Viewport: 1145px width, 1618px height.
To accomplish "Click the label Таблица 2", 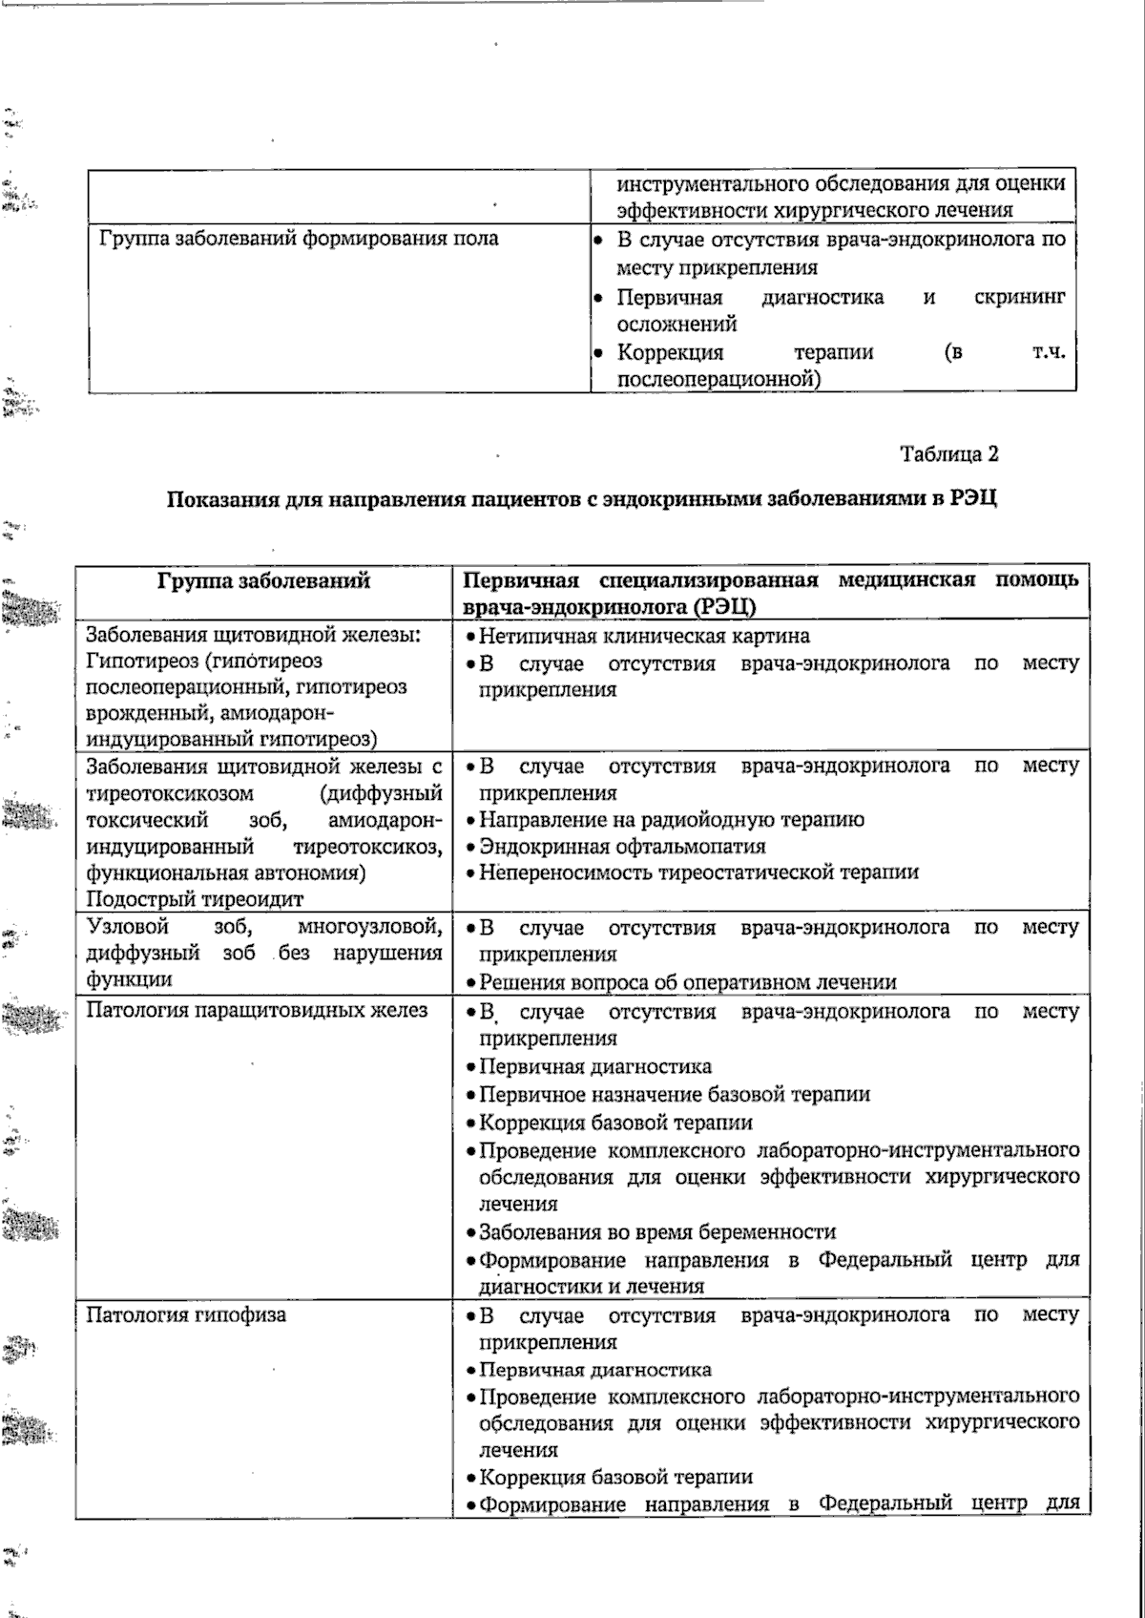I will click(948, 454).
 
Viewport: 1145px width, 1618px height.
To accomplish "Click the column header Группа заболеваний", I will click(263, 580).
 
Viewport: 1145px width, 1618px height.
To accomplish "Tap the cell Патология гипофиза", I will click(186, 1315).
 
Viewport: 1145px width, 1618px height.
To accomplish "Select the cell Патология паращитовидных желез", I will click(257, 1011).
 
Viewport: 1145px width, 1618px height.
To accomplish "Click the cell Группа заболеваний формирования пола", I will click(299, 239).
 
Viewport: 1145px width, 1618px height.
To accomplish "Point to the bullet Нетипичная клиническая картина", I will click(643, 636).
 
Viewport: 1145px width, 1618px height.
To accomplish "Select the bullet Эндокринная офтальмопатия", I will click(621, 846).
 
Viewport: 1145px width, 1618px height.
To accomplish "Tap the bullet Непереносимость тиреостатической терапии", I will click(697, 872).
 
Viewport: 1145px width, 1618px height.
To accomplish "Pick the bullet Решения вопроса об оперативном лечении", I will click(687, 982).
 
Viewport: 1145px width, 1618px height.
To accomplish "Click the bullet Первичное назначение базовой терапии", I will click(674, 1095).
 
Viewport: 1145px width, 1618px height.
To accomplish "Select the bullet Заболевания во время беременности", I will click(656, 1231).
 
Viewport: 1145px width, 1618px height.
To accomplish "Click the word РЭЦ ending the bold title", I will click(973, 499).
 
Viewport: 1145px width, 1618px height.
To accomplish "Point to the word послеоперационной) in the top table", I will click(719, 380).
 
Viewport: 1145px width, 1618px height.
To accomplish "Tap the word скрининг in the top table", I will click(1018, 297).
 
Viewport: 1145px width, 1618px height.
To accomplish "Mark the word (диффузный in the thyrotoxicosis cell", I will click(382, 793).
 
